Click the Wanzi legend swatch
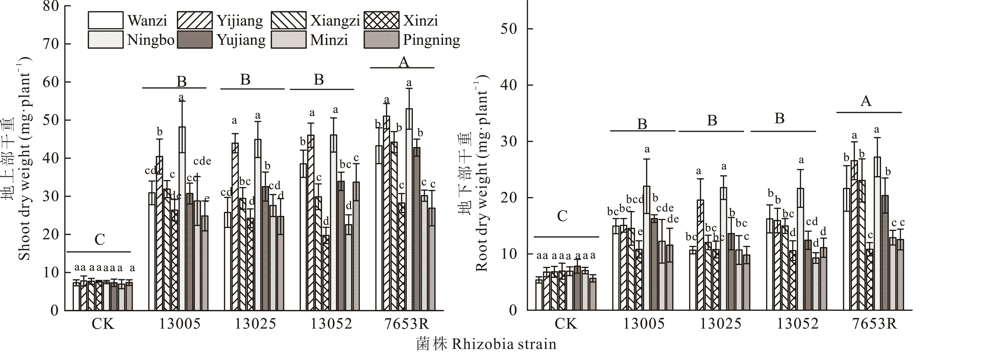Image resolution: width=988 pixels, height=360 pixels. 106,20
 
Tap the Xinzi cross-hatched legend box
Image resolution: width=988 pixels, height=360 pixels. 381,20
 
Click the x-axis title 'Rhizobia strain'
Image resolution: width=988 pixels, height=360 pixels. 504,344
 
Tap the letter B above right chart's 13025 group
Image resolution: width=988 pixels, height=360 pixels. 712,120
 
